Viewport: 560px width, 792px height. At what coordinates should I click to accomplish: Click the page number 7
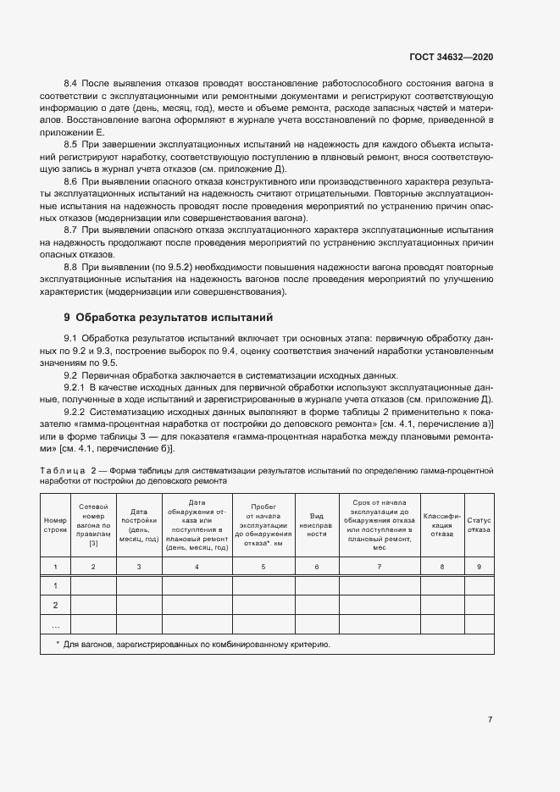coord(490,720)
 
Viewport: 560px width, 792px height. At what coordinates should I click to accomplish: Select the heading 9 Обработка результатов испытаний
coord(168,318)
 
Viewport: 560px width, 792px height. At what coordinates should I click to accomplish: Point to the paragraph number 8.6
coord(71,182)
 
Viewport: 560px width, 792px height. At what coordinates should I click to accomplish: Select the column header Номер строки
coord(55,525)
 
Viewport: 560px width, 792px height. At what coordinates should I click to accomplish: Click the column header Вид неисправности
coord(318,525)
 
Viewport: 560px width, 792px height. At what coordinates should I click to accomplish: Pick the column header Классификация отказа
coord(441,525)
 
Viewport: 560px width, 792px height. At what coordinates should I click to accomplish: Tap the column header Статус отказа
coord(480,525)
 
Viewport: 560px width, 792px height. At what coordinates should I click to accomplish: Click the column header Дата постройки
coord(139,525)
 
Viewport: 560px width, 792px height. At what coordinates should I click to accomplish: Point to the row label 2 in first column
coord(55,605)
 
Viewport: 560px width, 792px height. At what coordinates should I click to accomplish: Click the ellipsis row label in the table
coord(55,625)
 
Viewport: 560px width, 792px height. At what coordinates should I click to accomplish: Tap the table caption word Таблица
coord(62,469)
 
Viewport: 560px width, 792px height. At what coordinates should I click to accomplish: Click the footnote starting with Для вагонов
coord(193,645)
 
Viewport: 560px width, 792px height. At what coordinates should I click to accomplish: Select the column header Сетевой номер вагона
coord(93,525)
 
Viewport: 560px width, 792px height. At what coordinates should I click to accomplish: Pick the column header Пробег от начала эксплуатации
coord(263,525)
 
